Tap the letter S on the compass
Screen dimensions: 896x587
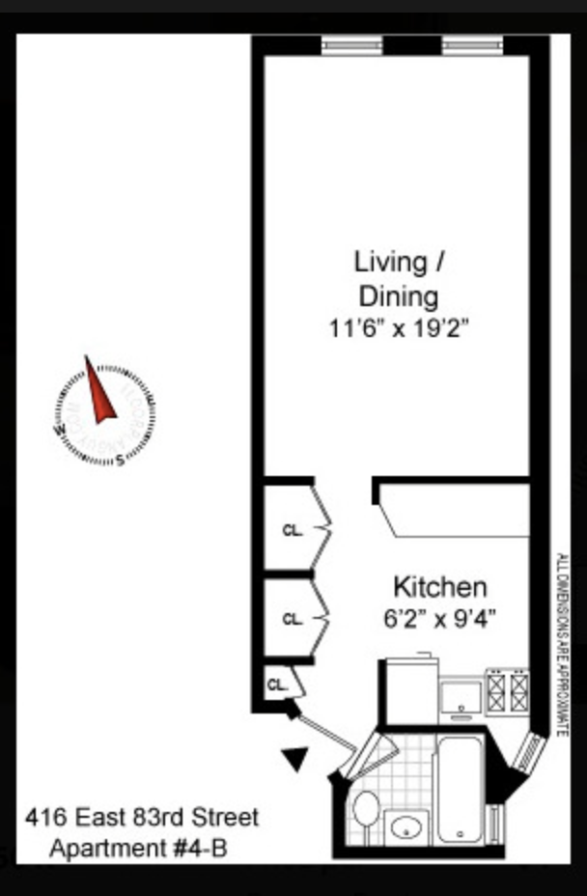click(x=120, y=461)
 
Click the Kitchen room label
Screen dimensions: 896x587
click(x=439, y=587)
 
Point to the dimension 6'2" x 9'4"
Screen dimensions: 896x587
click(x=439, y=619)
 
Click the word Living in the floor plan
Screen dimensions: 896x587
click(x=391, y=262)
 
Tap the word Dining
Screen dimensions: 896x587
click(x=398, y=295)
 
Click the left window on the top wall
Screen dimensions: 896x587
click(x=351, y=44)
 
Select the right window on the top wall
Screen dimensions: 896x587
click(x=472, y=44)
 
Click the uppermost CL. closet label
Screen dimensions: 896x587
click(x=292, y=529)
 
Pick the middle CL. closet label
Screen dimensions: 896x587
click(x=292, y=619)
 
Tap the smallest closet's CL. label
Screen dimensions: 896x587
click(x=278, y=685)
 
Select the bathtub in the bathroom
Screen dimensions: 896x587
click(x=460, y=787)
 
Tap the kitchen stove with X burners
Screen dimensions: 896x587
click(x=508, y=690)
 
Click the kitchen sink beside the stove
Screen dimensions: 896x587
click(x=461, y=693)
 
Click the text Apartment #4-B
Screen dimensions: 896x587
click(x=141, y=851)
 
